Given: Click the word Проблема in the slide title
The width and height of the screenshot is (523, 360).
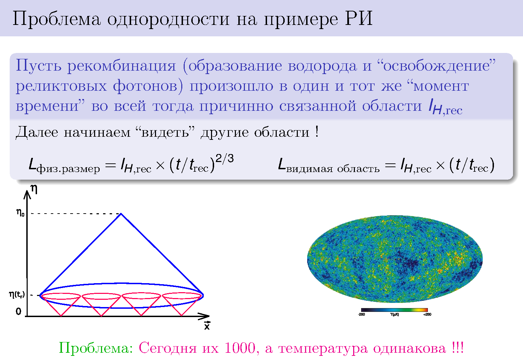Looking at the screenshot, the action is (56, 19).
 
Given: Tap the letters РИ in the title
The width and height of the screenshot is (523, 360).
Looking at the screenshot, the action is (358, 18).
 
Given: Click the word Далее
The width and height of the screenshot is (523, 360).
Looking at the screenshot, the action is (37, 133).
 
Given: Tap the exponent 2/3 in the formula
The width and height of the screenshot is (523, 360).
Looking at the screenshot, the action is (224, 159).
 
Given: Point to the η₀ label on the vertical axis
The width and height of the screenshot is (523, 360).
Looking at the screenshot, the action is (20, 213).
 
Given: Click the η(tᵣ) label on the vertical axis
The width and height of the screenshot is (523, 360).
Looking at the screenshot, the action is (17, 295).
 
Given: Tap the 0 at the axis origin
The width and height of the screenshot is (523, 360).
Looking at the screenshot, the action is (18, 311).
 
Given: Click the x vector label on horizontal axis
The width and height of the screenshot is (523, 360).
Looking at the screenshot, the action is (207, 325).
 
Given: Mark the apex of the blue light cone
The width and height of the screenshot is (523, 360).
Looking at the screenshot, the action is (121, 214).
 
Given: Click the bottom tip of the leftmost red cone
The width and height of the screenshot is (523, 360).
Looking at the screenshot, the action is (61, 316).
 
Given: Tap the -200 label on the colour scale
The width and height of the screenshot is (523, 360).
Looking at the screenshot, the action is (361, 314).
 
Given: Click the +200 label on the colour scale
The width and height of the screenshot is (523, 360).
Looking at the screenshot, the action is (427, 314).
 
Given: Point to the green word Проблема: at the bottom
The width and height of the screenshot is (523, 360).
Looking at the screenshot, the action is (96, 348).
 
